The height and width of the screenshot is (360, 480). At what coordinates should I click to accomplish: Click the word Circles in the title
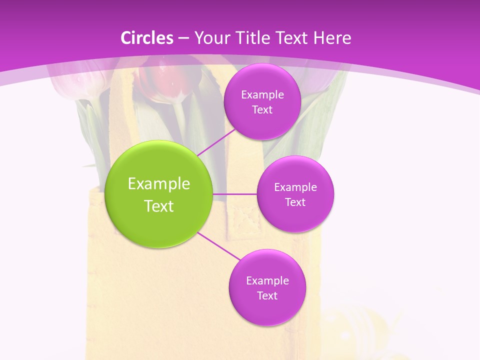click(x=147, y=38)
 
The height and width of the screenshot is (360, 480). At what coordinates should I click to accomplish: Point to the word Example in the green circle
click(x=159, y=184)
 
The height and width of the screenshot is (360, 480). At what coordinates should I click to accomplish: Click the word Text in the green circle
click(x=159, y=206)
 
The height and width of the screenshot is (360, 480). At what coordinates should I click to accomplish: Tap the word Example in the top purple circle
click(x=262, y=94)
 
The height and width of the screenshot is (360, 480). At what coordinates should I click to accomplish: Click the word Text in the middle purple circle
click(x=295, y=202)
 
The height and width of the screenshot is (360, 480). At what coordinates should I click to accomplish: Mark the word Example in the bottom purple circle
click(x=267, y=280)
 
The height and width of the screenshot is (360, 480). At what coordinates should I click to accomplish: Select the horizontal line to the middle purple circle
click(x=234, y=194)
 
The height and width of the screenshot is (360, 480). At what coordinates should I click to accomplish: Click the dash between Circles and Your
click(x=183, y=38)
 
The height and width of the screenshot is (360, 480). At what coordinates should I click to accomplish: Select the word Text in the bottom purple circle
click(x=267, y=295)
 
